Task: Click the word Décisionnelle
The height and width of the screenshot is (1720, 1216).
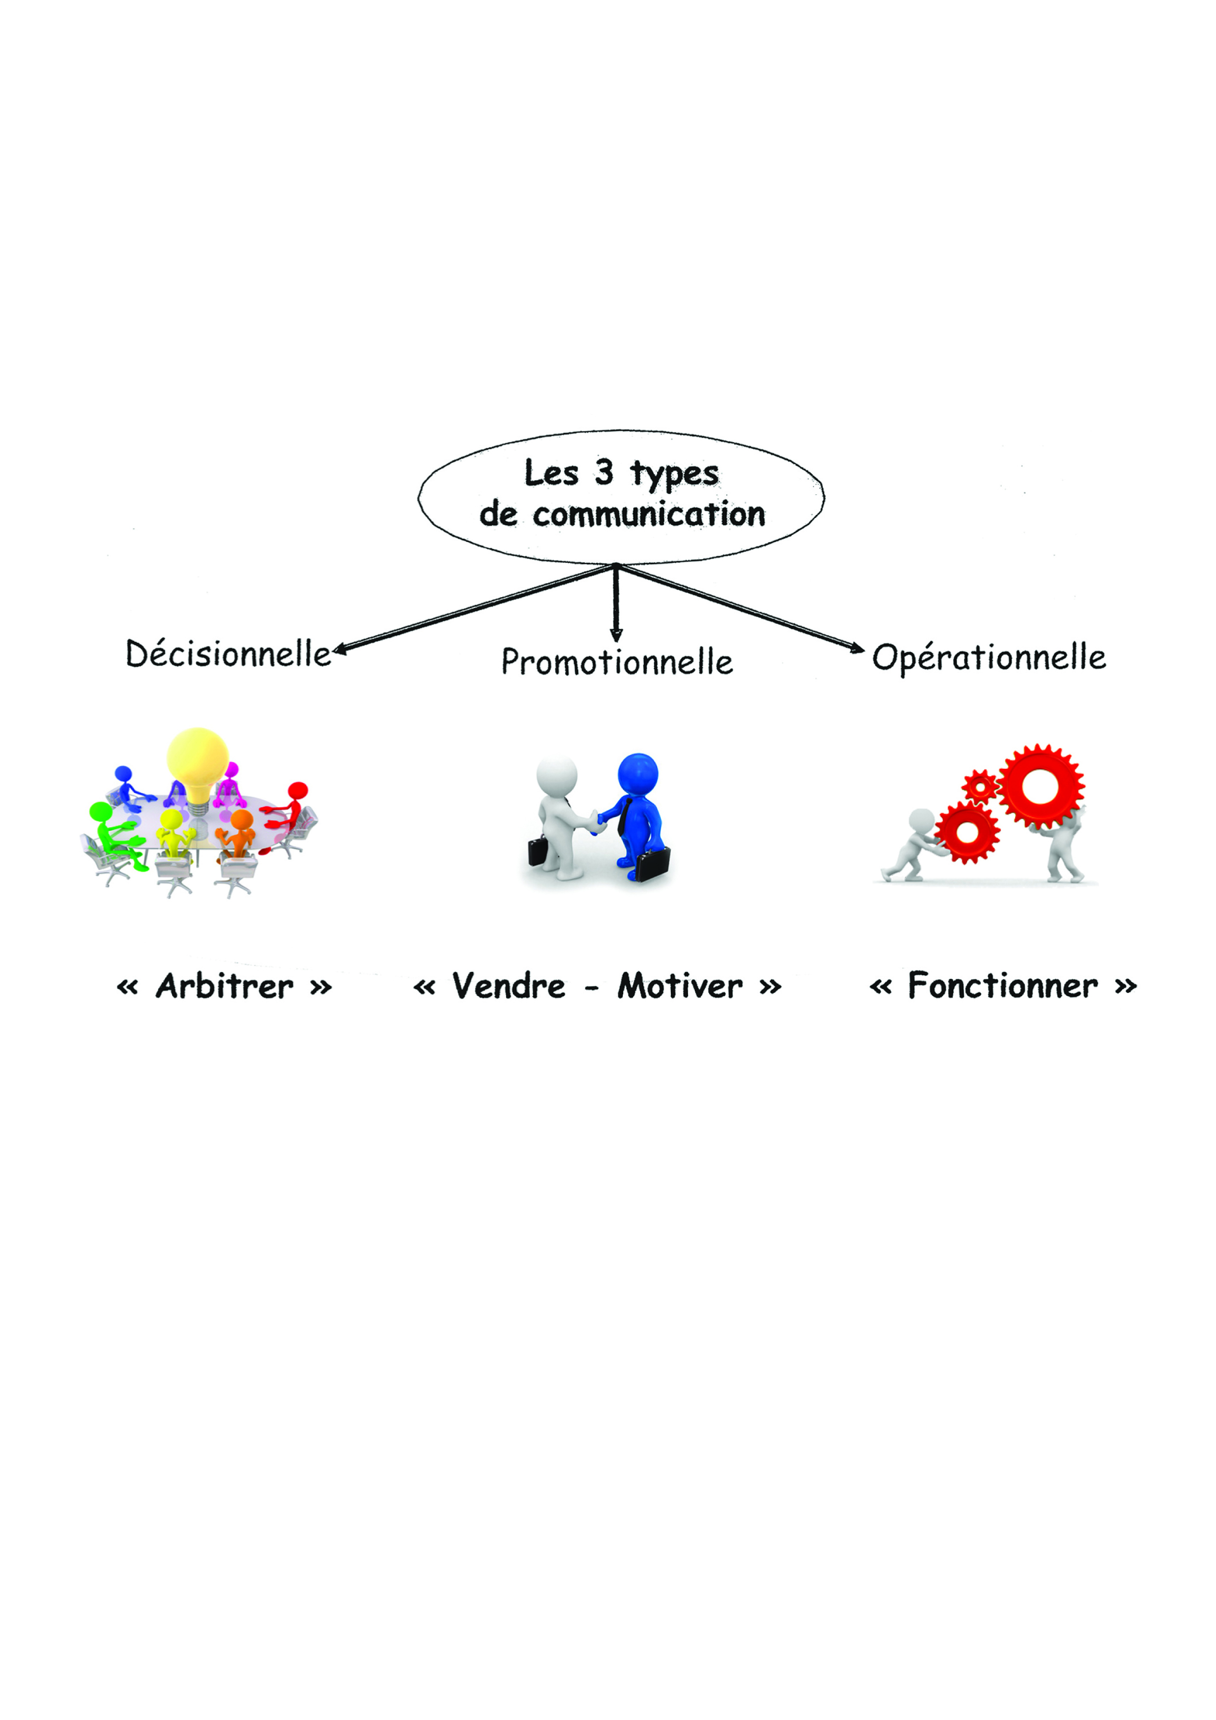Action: coord(228,654)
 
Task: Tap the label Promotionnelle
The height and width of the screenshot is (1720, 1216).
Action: coord(617,662)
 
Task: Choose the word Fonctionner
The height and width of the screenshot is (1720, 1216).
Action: coord(1003,986)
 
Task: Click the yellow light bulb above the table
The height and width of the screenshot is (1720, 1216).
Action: coord(197,764)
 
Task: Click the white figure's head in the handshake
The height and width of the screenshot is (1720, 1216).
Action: coord(557,779)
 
